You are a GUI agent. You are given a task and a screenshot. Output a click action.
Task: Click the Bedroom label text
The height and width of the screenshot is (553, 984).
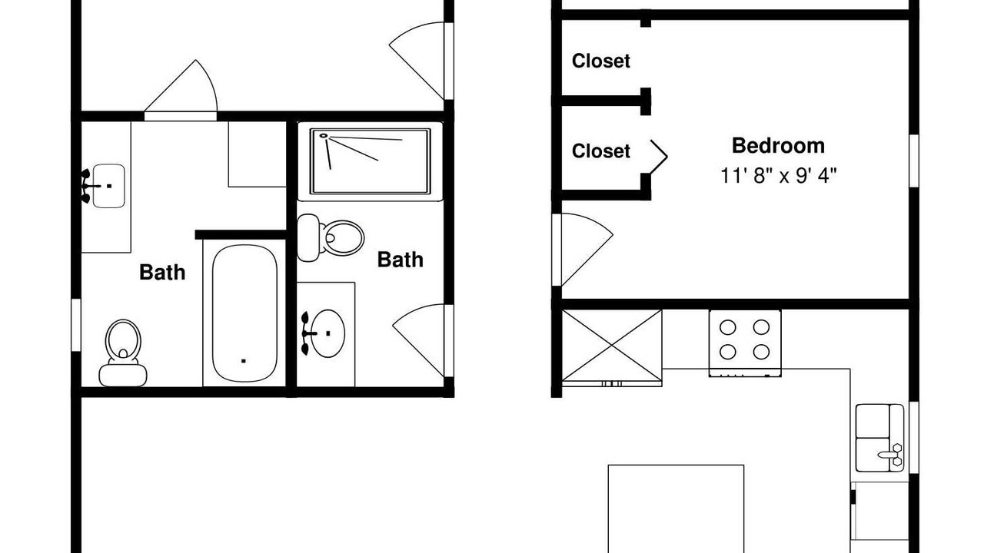[778, 146]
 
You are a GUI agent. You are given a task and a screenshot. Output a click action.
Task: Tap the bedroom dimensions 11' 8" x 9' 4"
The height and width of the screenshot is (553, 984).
[779, 176]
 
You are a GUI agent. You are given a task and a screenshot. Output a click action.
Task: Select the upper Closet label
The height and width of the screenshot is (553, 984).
[601, 61]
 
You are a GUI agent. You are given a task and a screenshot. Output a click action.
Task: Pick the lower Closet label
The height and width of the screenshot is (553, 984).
[601, 151]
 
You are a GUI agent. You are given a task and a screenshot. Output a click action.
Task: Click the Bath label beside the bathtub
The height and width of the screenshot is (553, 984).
[162, 273]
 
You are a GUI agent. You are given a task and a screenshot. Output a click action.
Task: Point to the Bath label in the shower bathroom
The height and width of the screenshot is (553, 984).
[401, 260]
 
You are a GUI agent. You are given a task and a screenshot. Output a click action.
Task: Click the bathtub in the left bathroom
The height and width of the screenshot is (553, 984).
[244, 313]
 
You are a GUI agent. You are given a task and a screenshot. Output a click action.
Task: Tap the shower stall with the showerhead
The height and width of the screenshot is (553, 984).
[370, 161]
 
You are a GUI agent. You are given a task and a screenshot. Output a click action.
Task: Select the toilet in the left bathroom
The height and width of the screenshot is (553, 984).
[123, 353]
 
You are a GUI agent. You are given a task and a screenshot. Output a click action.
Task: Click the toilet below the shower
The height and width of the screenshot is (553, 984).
[331, 238]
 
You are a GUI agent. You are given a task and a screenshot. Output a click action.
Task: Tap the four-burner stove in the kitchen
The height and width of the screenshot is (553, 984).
[745, 343]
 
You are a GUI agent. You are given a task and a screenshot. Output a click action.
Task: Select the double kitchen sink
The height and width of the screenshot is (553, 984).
[879, 438]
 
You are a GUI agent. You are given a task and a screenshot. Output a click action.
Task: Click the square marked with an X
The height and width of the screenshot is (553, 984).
[612, 346]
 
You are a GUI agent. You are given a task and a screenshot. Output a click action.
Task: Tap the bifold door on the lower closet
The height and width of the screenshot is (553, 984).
[659, 157]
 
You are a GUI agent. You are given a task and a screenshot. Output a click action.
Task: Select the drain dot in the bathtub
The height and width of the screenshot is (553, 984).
[244, 361]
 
